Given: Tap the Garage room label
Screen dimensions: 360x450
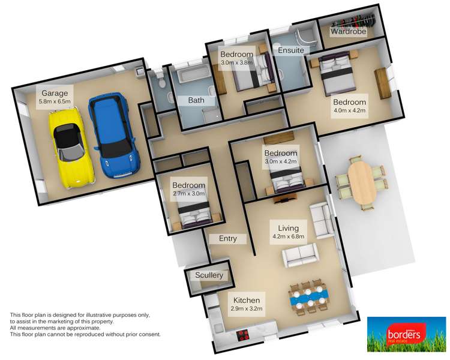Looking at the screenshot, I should pyautogui.click(x=55, y=93).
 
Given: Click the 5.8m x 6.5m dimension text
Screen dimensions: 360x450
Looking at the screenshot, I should pyautogui.click(x=55, y=101).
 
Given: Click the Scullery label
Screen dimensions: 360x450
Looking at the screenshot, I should pyautogui.click(x=209, y=275).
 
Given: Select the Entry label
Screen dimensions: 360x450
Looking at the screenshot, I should pyautogui.click(x=228, y=238).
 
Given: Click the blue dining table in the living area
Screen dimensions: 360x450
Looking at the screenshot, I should pyautogui.click(x=308, y=295).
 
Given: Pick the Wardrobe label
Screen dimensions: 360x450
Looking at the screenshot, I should pyautogui.click(x=349, y=32).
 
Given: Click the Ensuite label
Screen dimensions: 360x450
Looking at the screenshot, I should pyautogui.click(x=290, y=52).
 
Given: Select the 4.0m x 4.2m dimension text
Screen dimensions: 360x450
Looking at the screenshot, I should pyautogui.click(x=350, y=110).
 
